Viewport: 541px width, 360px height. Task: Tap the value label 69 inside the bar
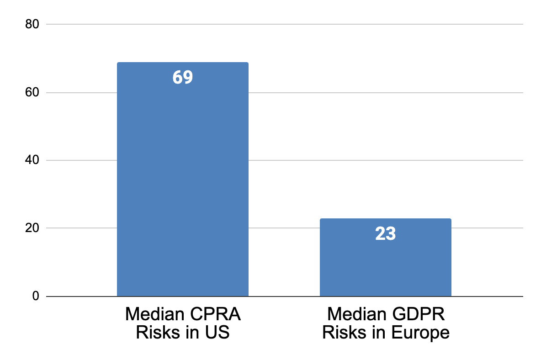[183, 77]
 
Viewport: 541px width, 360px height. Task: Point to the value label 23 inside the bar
[385, 234]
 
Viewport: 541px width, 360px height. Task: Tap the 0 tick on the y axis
[36, 296]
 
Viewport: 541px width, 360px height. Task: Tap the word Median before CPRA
[153, 315]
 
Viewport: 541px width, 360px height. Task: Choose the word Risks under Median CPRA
[155, 333]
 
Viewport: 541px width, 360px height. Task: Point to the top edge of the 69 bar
[182, 63]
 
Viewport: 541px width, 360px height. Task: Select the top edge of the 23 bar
[385, 219]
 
